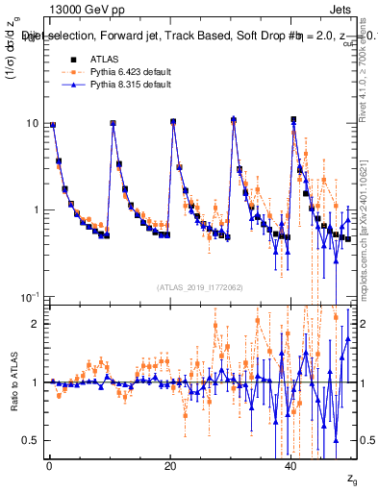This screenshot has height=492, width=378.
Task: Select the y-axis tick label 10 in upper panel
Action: (x=32, y=124)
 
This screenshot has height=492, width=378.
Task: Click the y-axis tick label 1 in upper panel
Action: (x=36, y=209)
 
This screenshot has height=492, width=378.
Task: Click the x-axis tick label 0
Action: (x=49, y=465)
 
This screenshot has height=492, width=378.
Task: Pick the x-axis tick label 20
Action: (x=170, y=465)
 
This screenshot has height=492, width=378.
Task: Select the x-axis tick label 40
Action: (x=291, y=465)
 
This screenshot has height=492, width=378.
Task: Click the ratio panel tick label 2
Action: (x=36, y=324)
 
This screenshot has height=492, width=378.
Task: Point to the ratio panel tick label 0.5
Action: (x=31, y=440)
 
